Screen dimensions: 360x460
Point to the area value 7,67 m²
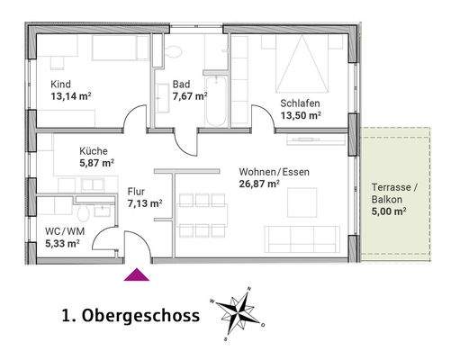(x=191, y=96)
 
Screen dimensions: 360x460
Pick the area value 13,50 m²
(x=302, y=116)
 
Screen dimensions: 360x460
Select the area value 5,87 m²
(x=97, y=164)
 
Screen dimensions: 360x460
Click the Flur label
(x=137, y=191)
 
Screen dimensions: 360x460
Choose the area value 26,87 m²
(x=260, y=184)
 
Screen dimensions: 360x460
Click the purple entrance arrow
(x=138, y=274)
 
